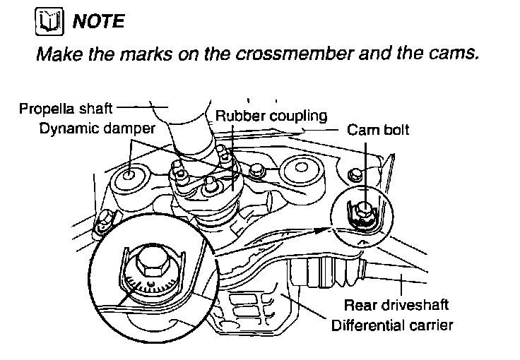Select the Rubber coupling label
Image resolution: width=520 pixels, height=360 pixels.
click(x=271, y=115)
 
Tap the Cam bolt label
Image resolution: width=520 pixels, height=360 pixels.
click(x=378, y=130)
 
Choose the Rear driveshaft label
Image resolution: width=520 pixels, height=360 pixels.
click(x=396, y=306)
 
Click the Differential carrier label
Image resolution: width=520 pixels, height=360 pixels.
click(x=392, y=325)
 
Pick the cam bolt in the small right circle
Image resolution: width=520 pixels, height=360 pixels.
click(x=363, y=210)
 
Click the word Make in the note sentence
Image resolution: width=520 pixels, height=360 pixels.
click(x=56, y=54)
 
